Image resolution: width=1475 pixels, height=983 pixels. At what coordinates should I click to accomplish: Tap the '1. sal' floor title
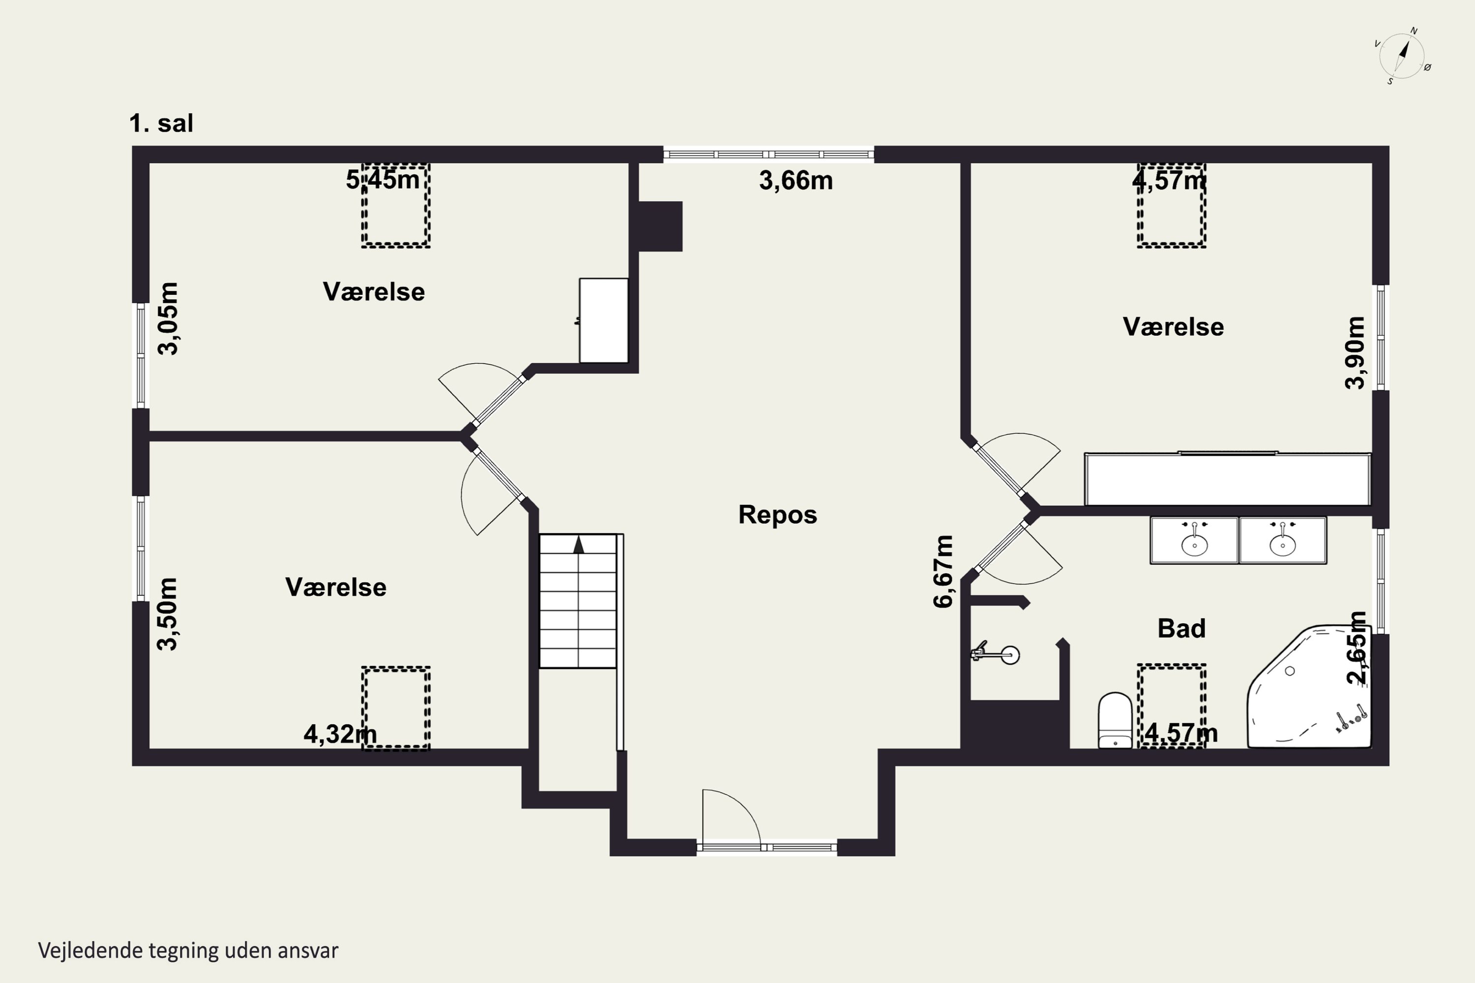pos(161,123)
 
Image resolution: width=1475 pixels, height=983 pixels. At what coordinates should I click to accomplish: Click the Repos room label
pos(778,515)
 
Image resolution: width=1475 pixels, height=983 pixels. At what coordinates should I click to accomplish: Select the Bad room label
pos(1181,628)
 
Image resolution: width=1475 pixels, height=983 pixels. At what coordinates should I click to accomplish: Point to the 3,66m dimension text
pos(796,180)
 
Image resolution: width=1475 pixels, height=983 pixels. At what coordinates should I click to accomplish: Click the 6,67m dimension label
pos(943,571)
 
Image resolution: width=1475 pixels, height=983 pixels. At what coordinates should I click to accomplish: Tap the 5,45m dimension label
pos(383,180)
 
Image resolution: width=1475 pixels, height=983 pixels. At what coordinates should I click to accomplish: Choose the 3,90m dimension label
pos(1355,353)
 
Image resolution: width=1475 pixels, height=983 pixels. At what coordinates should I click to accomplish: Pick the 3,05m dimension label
pos(168,319)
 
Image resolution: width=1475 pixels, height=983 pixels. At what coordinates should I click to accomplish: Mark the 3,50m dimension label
pos(168,614)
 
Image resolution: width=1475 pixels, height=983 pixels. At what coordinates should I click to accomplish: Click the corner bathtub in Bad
pos(1309,687)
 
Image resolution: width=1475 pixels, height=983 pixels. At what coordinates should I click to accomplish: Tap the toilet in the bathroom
pos(1115,721)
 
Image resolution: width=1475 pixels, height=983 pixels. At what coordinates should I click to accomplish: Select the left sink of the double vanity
pos(1194,540)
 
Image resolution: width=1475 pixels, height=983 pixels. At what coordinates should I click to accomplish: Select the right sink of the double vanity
pos(1282,540)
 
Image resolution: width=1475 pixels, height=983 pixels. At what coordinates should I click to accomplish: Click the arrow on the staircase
pos(578,544)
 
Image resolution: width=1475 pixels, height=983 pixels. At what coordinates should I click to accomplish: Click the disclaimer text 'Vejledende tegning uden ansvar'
pos(188,951)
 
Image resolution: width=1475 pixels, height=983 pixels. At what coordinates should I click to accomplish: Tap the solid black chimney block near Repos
pos(660,226)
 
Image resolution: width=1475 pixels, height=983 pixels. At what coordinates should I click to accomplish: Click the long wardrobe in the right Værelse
pos(1228,479)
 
